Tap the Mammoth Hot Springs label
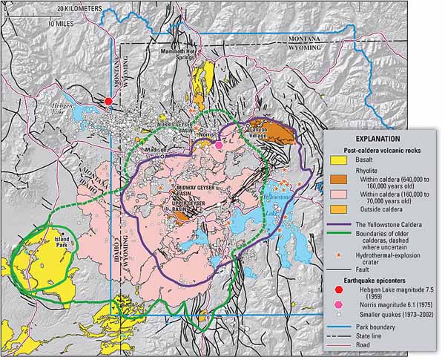(x=179, y=55)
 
